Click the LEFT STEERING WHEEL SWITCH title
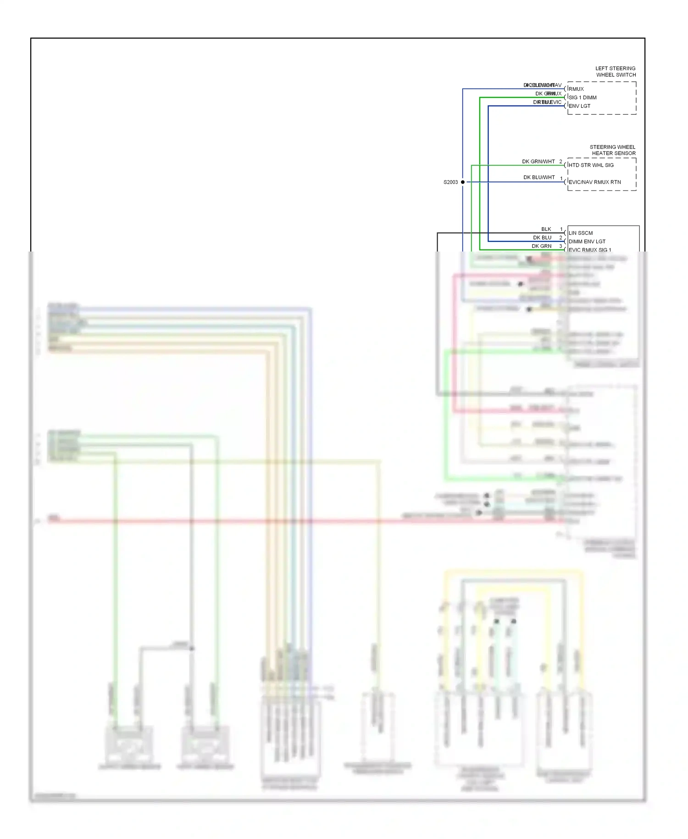point(615,72)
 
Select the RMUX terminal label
point(576,89)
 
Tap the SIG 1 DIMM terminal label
point(583,97)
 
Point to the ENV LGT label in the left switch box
point(579,106)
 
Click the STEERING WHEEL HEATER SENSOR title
point(613,150)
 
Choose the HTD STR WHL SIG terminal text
point(591,165)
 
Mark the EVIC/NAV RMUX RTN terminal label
point(594,182)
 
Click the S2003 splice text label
point(450,182)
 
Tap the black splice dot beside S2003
point(463,182)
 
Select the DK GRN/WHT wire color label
point(538,162)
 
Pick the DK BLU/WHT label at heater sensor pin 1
point(539,177)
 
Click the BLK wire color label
point(546,229)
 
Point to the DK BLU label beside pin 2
point(542,238)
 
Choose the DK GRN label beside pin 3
point(541,246)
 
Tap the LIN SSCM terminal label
point(581,233)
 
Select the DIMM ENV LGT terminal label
point(587,241)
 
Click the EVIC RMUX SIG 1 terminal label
point(590,250)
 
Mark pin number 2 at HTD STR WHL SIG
point(560,162)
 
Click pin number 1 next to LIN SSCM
point(561,229)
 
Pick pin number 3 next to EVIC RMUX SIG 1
point(560,246)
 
